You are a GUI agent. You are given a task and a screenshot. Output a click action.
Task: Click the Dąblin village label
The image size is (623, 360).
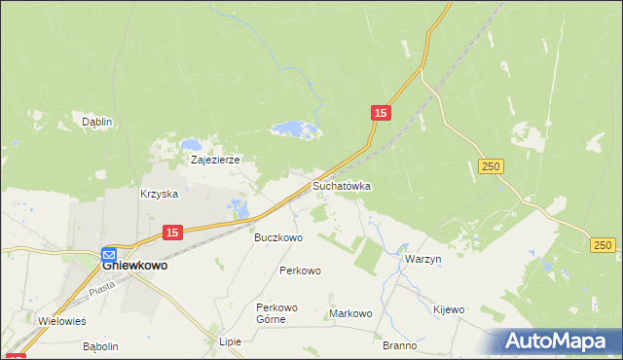97,122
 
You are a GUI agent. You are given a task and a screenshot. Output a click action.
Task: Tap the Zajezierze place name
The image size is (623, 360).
215,160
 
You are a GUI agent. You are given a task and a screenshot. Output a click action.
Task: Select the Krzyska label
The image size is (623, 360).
160,194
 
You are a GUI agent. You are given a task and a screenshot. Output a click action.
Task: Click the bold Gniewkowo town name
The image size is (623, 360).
135,264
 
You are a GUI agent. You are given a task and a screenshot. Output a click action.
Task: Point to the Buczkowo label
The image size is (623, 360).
278,236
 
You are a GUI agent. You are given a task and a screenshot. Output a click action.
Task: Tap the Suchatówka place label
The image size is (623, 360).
342,185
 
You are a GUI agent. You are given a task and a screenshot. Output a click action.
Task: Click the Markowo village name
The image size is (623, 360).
351,313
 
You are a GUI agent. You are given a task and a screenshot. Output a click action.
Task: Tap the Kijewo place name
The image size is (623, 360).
449,309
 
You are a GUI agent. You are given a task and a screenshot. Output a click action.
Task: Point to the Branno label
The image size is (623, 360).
399,345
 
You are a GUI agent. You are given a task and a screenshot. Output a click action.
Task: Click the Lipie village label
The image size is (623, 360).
230,342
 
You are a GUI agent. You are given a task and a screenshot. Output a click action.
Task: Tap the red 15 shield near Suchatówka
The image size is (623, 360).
381,114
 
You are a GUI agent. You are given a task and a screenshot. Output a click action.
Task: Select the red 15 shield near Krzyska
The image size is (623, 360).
171,232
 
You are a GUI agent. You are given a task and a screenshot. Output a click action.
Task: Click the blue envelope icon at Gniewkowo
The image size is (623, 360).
109,254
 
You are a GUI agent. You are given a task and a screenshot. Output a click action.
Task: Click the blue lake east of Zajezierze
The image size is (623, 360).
293,128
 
